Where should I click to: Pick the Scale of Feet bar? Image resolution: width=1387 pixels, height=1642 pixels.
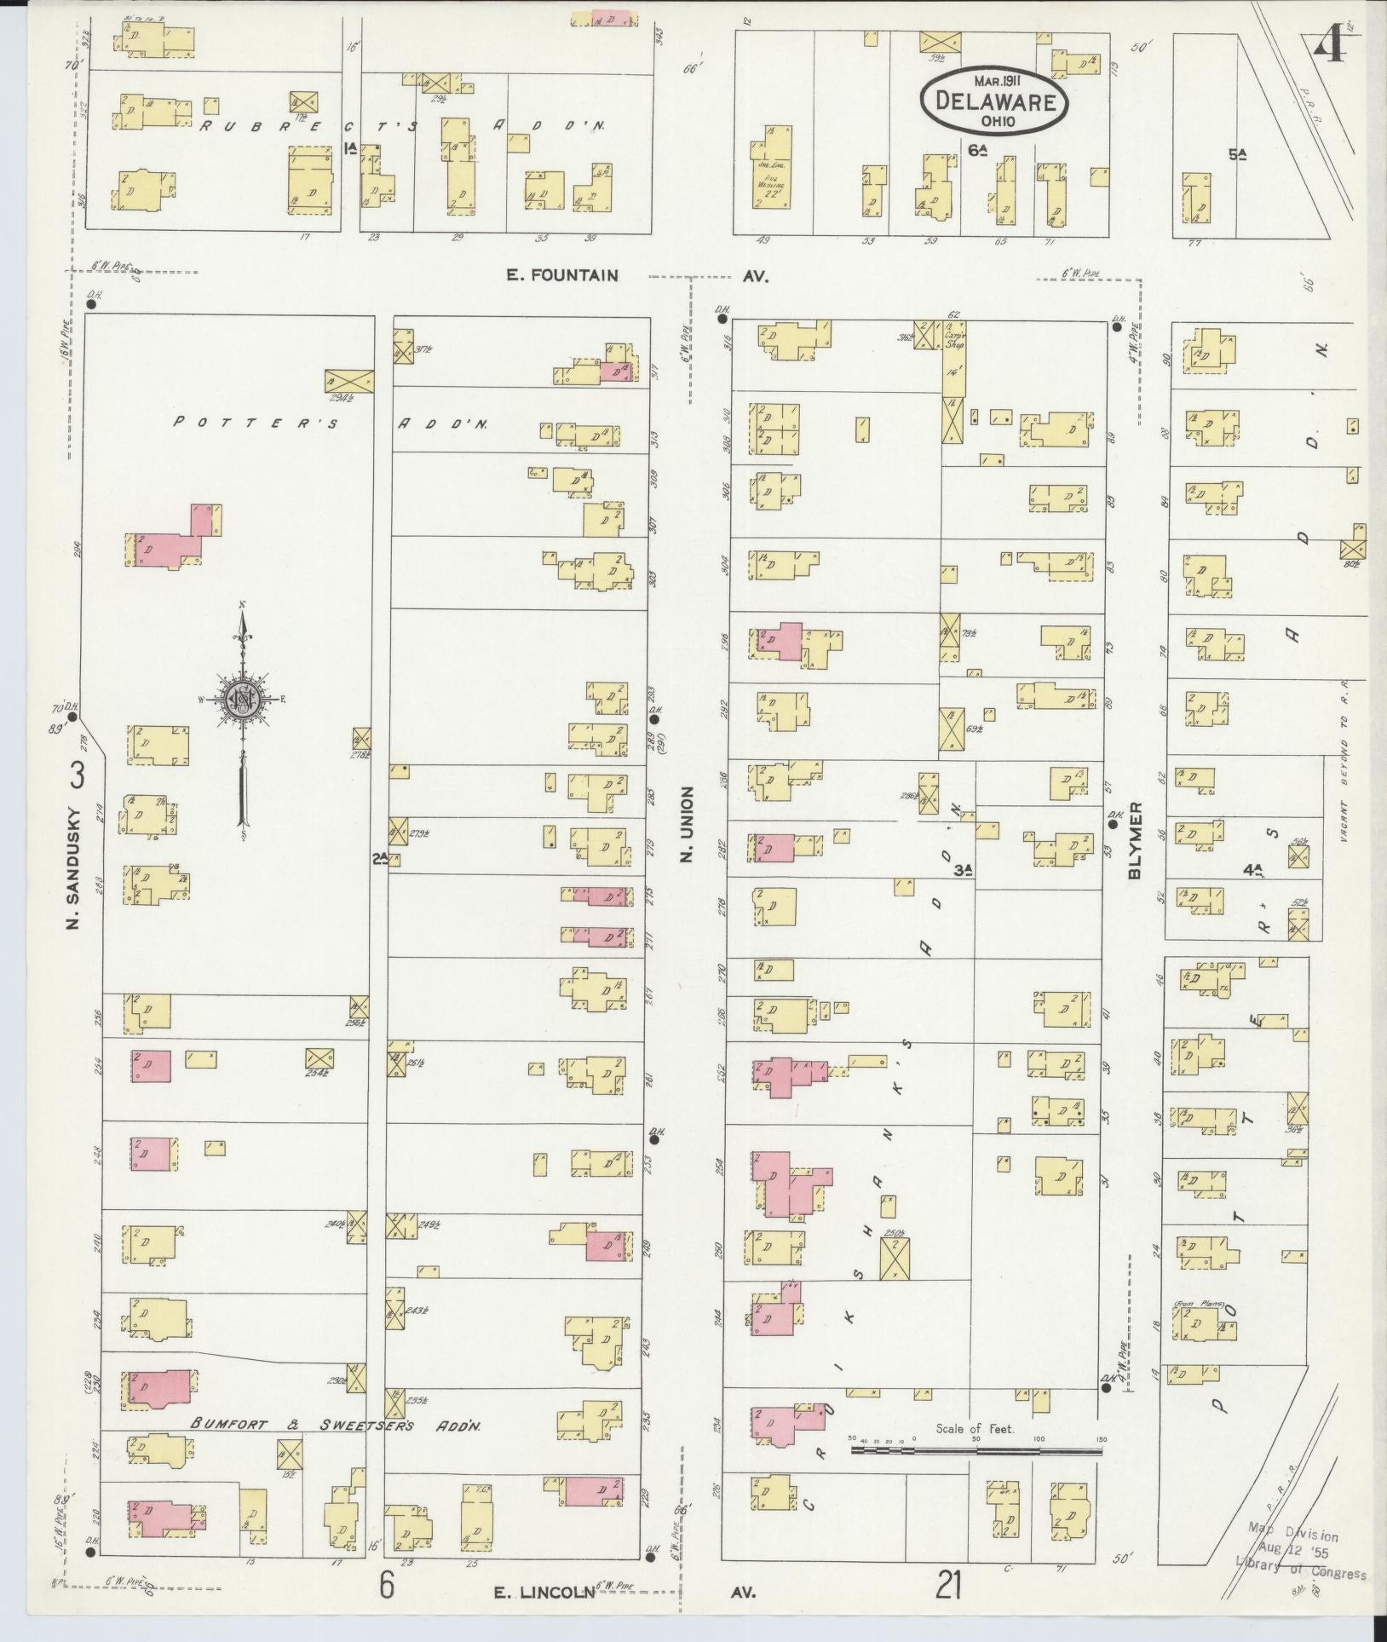(x=976, y=1449)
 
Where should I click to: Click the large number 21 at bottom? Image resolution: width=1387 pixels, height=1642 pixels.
(x=950, y=1587)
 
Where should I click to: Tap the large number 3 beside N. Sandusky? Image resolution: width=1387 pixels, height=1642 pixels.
(x=78, y=776)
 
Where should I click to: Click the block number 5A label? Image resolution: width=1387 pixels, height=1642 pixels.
(x=1237, y=155)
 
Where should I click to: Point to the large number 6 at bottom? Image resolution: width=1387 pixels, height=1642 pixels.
(x=388, y=1586)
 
